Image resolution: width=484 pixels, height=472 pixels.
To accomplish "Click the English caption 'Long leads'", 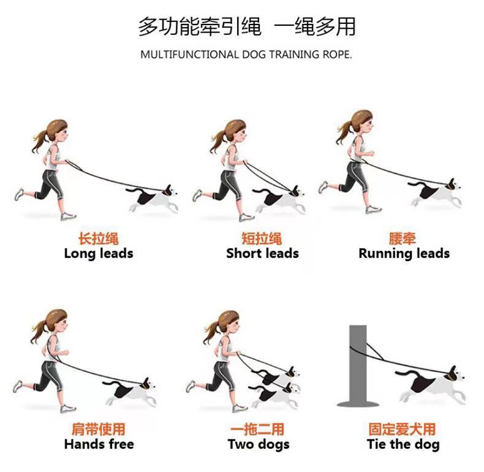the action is [x=99, y=254].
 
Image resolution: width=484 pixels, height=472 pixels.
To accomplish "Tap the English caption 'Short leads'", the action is [x=262, y=254].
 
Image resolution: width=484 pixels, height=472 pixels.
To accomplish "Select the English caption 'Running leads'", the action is [x=404, y=254].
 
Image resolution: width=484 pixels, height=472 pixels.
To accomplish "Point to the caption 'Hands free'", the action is [x=99, y=444].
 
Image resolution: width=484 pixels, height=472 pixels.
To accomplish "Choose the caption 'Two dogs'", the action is [x=259, y=444].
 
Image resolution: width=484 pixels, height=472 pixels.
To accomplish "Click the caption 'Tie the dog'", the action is [x=404, y=444].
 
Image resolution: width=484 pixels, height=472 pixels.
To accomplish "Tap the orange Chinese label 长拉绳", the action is [x=99, y=239].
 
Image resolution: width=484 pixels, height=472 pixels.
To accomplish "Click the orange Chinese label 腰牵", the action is [x=402, y=238].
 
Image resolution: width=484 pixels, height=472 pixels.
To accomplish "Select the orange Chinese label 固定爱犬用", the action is [x=402, y=429].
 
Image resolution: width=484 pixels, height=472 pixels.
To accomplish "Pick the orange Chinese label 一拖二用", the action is [x=257, y=429].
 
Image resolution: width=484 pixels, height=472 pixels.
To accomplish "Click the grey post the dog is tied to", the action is [x=357, y=366].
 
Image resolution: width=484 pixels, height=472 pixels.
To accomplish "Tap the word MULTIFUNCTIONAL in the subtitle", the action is [x=189, y=55].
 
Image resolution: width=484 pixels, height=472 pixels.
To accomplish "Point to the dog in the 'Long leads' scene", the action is [x=152, y=198].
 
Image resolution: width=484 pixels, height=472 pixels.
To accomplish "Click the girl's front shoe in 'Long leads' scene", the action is [x=68, y=216].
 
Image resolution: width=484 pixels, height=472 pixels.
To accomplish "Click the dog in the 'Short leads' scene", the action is [x=279, y=199].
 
